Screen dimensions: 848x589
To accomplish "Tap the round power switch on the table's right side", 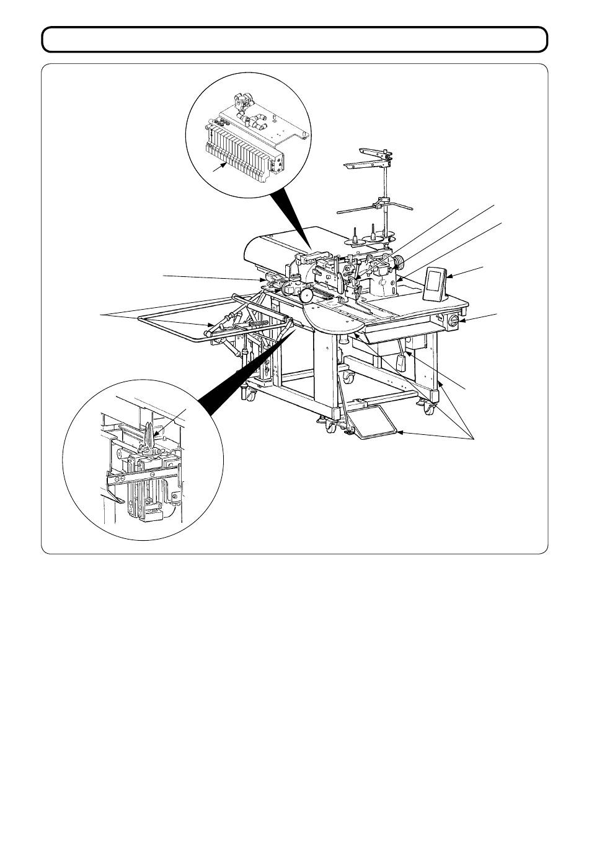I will [x=453, y=321].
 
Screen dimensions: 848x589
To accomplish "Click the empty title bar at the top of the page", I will [x=294, y=40].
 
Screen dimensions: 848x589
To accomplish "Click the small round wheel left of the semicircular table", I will [x=305, y=296].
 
